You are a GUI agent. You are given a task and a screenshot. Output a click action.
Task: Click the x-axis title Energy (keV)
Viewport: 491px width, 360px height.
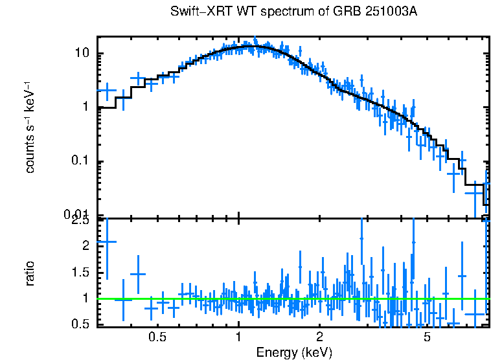(293, 353)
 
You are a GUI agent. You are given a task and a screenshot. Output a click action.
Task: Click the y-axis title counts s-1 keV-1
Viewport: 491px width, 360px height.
(30, 126)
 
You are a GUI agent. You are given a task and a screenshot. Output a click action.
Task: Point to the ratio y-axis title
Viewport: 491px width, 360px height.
(30, 273)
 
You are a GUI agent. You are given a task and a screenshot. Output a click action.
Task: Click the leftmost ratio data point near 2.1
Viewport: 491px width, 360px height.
(106, 242)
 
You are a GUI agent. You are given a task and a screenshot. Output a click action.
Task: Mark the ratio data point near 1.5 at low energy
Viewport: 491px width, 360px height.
(138, 274)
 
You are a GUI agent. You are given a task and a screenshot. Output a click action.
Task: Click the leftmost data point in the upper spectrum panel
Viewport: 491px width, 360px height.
(106, 91)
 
